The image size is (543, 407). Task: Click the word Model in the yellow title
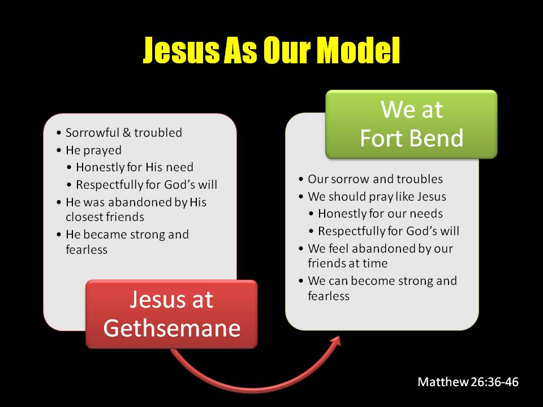click(x=359, y=50)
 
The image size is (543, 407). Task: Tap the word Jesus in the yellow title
click(x=182, y=50)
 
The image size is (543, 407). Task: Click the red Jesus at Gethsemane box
click(x=171, y=314)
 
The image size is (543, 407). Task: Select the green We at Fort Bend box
click(x=411, y=124)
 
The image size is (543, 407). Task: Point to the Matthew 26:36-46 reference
click(x=468, y=382)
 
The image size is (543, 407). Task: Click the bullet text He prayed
click(x=93, y=150)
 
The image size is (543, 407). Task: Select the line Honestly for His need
click(x=135, y=167)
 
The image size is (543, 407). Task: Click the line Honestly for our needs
click(x=380, y=214)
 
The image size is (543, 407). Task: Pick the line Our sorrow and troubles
click(x=375, y=179)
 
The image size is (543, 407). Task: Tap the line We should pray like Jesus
click(x=377, y=197)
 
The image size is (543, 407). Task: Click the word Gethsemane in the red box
click(x=172, y=328)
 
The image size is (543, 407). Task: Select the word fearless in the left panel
click(x=87, y=249)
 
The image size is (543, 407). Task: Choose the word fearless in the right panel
click(x=329, y=296)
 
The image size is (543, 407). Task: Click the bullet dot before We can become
click(x=300, y=281)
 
